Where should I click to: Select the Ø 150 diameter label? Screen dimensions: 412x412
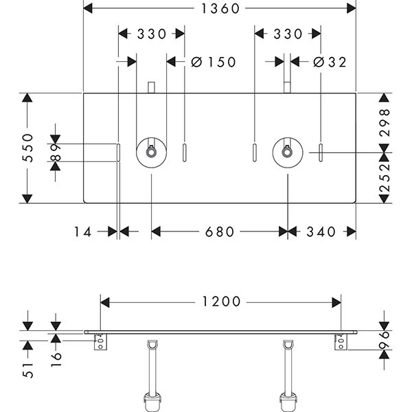tap(213, 62)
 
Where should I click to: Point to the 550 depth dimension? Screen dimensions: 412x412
tap(26, 148)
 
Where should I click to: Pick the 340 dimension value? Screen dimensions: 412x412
tap(321, 232)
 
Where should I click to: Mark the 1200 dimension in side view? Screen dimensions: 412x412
tap(221, 301)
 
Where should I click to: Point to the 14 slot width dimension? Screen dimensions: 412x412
tap(82, 232)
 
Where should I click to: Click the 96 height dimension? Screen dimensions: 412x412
tap(385, 338)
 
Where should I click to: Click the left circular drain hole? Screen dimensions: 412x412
tap(151, 152)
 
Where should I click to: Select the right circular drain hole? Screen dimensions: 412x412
tap(286, 152)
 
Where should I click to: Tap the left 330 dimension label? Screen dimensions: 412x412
tap(151, 34)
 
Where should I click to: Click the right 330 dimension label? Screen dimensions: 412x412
tap(287, 34)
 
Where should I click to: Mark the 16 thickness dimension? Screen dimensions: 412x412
tap(57, 354)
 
